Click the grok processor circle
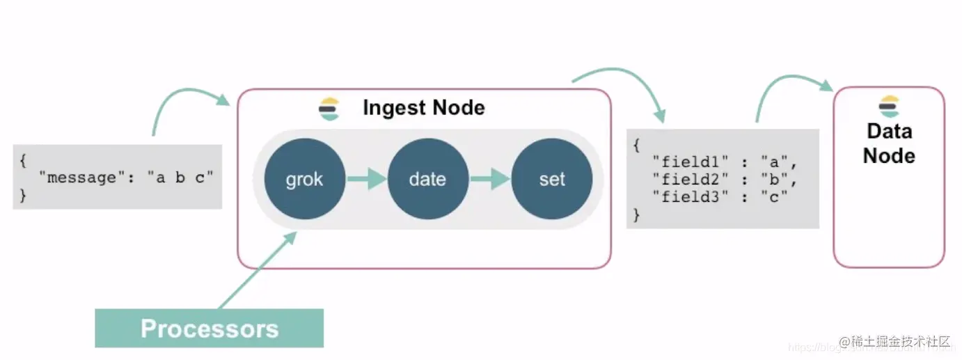304,180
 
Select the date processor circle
427,180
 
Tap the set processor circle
551,180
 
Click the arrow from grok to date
366,180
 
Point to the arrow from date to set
489,180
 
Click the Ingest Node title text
423,108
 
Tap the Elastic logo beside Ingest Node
329,109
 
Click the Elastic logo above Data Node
889,107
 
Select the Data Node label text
889,143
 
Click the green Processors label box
209,328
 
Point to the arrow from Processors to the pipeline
258,270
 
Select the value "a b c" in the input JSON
180,178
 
